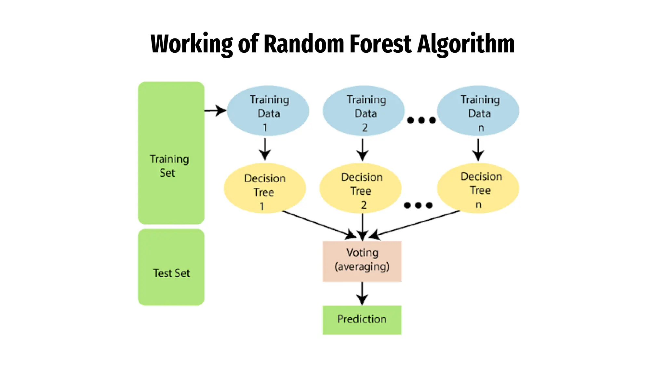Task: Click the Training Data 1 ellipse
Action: (268, 111)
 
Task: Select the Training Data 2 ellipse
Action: (363, 111)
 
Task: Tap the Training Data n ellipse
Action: (478, 111)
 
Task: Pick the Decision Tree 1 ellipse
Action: (265, 188)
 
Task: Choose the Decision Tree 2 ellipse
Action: (360, 188)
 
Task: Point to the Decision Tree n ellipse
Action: (478, 188)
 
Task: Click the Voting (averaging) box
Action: (362, 261)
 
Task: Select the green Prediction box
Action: (362, 320)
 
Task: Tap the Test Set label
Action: (171, 273)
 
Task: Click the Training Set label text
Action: (169, 166)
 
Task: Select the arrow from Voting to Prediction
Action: (362, 293)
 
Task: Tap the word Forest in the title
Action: (381, 44)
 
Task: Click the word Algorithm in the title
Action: (466, 44)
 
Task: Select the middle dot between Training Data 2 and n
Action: (421, 120)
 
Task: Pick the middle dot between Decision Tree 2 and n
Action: (418, 205)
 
